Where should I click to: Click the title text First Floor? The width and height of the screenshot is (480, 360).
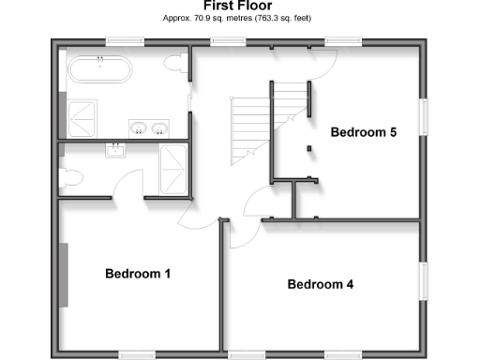pyautogui.click(x=239, y=6)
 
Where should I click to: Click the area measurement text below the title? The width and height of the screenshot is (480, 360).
pyautogui.click(x=239, y=18)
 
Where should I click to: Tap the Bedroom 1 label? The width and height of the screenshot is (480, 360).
pyautogui.click(x=137, y=275)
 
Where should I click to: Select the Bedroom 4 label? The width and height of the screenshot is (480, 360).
pyautogui.click(x=320, y=284)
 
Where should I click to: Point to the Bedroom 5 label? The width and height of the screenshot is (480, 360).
pyautogui.click(x=364, y=132)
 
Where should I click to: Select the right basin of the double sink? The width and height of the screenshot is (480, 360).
pyautogui.click(x=160, y=128)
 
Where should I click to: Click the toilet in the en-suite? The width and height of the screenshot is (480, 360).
pyautogui.click(x=69, y=177)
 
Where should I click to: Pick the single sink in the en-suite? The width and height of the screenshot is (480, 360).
pyautogui.click(x=117, y=151)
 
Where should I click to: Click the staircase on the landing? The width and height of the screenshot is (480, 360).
pyautogui.click(x=258, y=117)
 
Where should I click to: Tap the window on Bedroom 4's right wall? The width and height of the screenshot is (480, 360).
pyautogui.click(x=424, y=282)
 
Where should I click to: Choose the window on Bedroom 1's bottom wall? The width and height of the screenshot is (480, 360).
pyautogui.click(x=137, y=353)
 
